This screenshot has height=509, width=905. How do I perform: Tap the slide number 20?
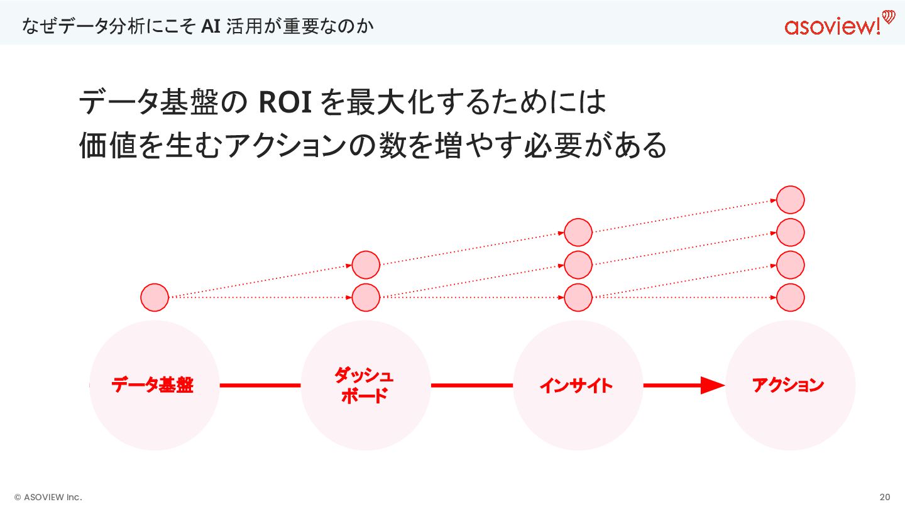885,497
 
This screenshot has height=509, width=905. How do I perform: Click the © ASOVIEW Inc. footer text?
48,497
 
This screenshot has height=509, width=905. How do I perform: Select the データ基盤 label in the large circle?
153,385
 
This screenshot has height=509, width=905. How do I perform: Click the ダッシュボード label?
364,386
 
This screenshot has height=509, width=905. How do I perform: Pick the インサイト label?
576,385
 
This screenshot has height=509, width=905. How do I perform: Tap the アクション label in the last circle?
788,385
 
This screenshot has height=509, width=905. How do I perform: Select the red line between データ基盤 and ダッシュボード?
260,385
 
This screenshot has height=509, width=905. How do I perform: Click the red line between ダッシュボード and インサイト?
471,385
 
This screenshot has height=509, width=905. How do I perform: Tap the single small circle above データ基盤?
155,297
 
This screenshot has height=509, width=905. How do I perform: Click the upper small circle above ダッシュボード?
366,265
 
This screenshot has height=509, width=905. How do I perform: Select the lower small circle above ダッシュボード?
366,297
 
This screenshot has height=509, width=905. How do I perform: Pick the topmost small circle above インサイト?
578,233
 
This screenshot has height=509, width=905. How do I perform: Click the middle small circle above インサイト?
578,265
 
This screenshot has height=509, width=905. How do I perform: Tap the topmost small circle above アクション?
791,200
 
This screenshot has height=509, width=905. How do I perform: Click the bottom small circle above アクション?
791,297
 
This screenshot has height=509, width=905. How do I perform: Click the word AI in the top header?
210,27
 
